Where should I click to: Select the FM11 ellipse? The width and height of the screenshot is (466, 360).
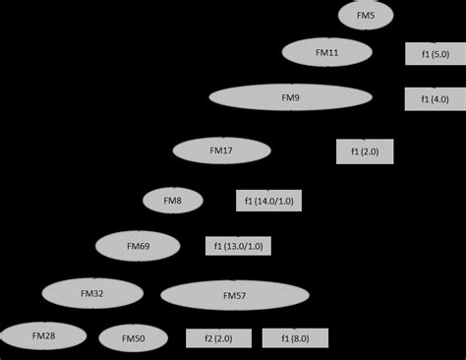(327, 51)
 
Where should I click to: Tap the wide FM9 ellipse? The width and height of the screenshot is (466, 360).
(290, 98)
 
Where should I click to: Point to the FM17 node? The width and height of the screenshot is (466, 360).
(221, 150)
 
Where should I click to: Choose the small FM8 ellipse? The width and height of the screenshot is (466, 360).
(172, 201)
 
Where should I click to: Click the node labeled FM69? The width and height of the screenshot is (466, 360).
(138, 245)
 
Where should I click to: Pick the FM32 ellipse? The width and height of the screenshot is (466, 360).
(91, 292)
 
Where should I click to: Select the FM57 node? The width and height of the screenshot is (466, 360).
(234, 295)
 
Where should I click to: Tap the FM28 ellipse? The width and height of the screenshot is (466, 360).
(43, 336)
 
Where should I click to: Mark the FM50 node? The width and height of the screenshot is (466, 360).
(133, 338)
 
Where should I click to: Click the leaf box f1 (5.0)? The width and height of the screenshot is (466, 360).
(435, 53)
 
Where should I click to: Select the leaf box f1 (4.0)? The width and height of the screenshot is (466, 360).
(435, 99)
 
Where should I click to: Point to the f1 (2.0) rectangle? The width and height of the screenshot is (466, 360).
(365, 150)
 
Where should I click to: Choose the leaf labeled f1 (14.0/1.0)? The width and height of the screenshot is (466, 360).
(269, 201)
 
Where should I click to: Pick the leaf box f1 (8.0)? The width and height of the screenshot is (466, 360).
(296, 338)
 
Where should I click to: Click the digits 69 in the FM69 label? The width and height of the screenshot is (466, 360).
(144, 245)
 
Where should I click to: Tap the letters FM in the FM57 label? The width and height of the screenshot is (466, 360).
(228, 295)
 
